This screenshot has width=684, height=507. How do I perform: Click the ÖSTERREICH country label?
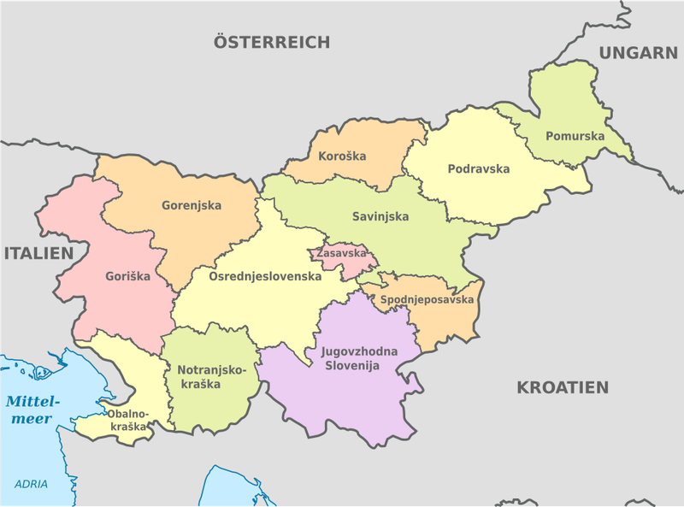click(272, 42)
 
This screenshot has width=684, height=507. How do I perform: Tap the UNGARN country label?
click(638, 53)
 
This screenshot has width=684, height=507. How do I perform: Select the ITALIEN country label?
click(38, 253)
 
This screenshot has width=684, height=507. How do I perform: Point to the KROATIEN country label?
click(563, 387)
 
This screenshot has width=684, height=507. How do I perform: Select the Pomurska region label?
click(575, 136)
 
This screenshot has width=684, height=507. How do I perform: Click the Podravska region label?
click(478, 168)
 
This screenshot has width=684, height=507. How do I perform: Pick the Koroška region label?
click(342, 156)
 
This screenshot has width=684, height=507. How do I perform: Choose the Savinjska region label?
click(380, 216)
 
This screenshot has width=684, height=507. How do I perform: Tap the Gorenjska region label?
click(192, 205)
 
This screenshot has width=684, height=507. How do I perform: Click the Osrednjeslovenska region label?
click(265, 276)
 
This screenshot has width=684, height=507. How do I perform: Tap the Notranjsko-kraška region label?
click(211, 377)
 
